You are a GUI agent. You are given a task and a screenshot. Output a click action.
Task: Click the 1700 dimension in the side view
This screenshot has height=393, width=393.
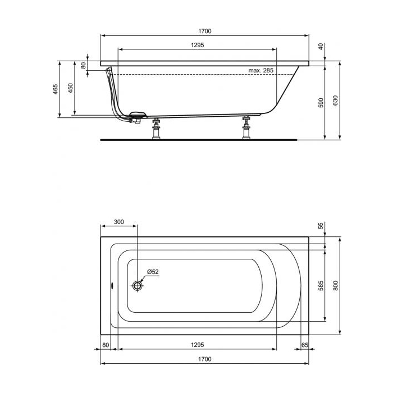205,31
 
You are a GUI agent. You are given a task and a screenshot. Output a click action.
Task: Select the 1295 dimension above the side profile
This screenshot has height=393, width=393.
198,45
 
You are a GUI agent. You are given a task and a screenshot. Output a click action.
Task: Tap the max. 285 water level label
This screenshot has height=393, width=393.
261,70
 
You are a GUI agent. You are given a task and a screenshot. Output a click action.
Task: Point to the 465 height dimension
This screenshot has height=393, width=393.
56,89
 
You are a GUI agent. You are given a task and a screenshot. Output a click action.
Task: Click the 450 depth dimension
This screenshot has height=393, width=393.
71,88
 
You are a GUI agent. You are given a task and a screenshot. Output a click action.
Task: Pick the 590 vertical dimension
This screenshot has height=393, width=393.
321,103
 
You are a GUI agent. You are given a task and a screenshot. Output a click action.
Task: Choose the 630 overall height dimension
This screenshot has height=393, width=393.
336,100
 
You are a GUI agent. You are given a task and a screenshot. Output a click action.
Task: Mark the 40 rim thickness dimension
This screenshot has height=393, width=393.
321,47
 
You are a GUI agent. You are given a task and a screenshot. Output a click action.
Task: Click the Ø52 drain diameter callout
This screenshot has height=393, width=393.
153,272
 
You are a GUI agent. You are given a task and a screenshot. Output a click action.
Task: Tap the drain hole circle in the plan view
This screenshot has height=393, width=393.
137,285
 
